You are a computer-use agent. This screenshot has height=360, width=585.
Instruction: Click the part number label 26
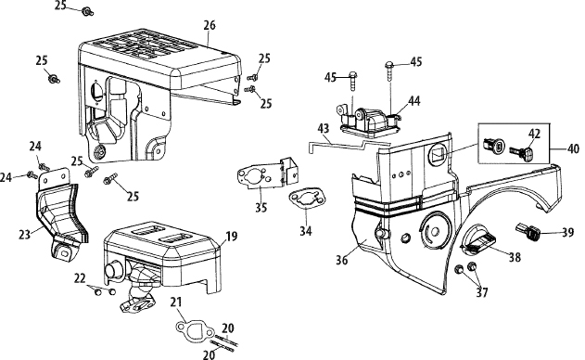[210, 25]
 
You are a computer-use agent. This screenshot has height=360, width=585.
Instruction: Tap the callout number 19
[232, 237]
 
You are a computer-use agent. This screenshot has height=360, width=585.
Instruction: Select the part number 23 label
[25, 235]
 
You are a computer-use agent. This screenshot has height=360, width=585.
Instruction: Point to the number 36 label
[342, 260]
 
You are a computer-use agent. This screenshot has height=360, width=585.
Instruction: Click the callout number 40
[573, 148]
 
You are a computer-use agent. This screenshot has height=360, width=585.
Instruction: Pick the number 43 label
[324, 128]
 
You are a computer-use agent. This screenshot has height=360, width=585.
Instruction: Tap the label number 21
[176, 302]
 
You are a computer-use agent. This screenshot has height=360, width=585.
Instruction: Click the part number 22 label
[80, 278]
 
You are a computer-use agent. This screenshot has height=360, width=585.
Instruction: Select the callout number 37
[482, 293]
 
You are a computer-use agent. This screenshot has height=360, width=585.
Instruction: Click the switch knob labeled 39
[528, 231]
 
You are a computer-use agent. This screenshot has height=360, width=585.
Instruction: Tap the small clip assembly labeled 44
[368, 121]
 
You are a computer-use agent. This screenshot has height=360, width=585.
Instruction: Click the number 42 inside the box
[535, 134]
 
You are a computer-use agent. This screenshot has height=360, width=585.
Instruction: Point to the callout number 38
[515, 257]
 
